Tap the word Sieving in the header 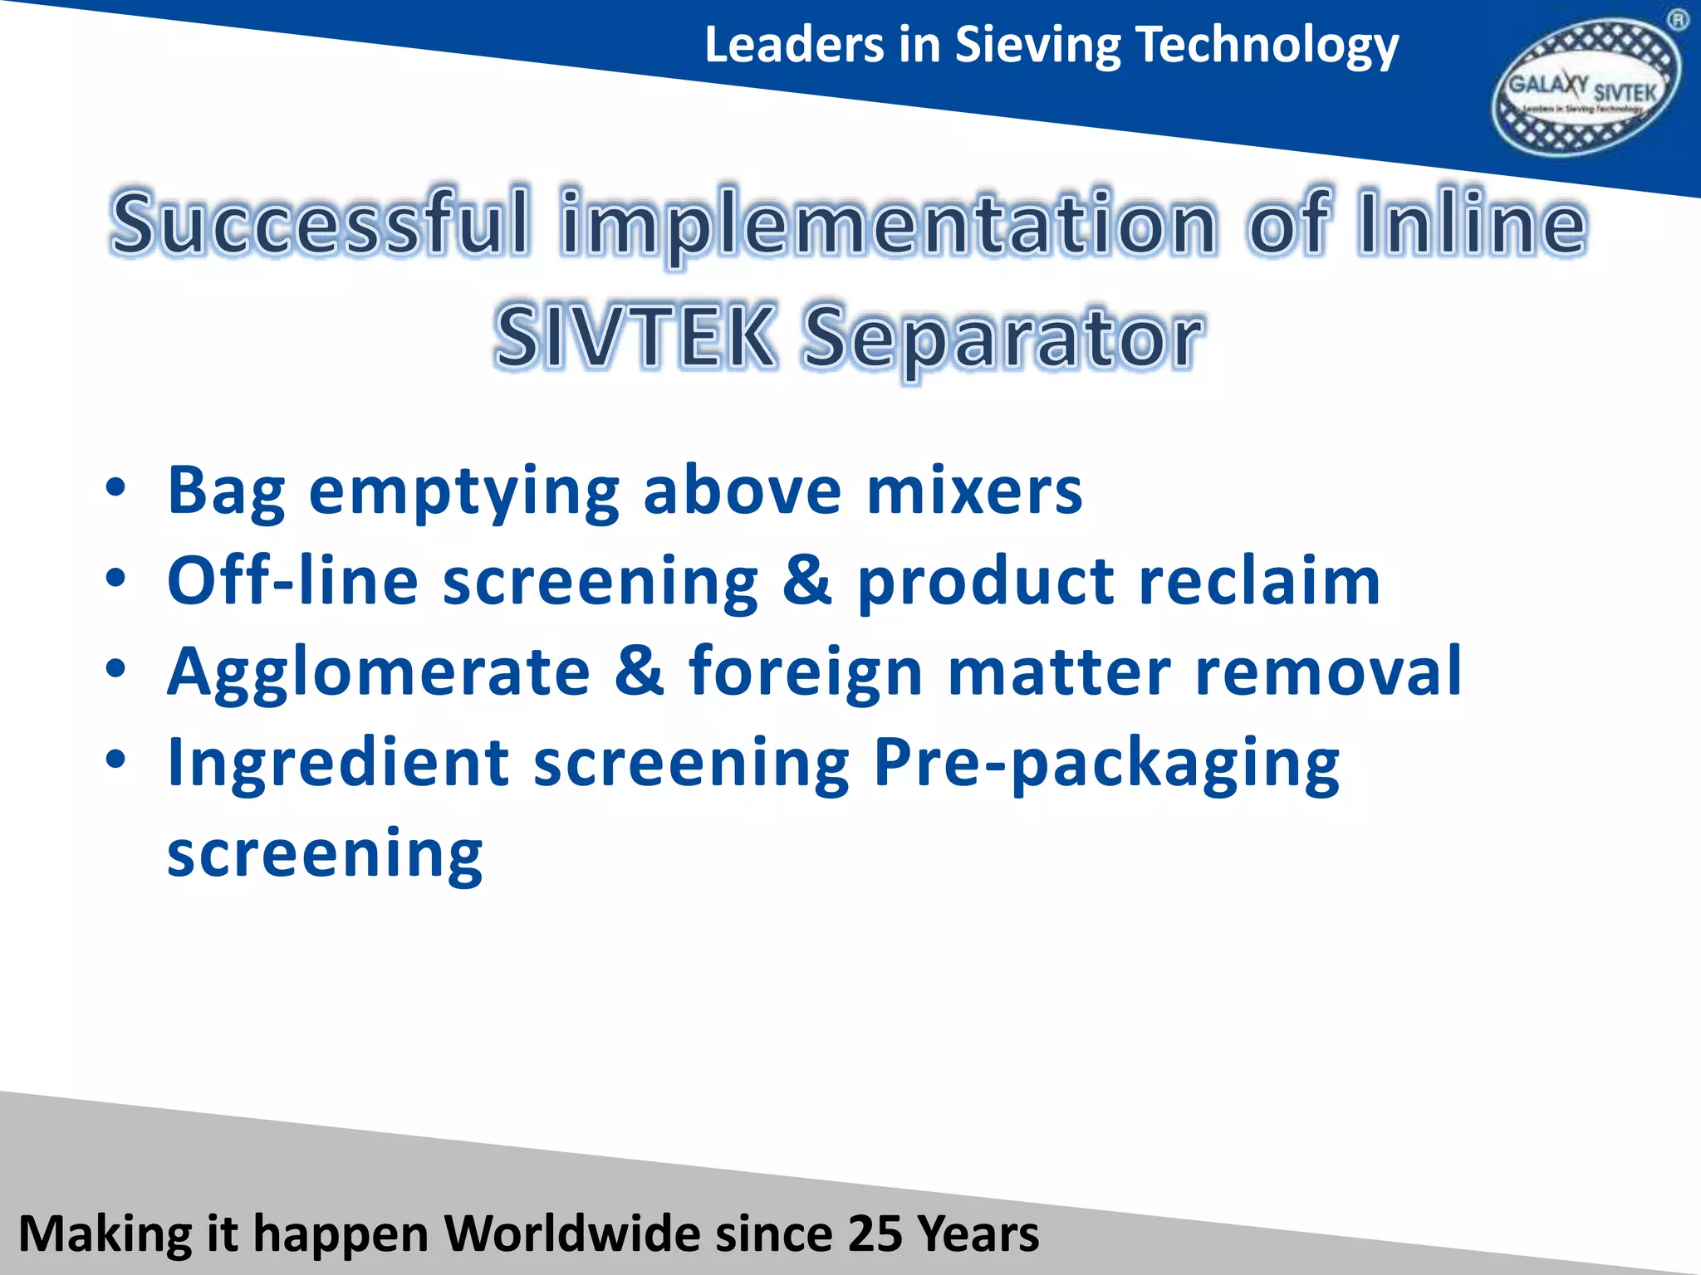(1037, 45)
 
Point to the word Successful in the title (320, 222)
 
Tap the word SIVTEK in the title (635, 336)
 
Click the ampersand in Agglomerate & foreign (640, 670)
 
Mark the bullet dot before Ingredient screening (116, 759)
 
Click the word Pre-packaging (1105, 764)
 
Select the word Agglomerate (379, 672)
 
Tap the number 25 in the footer (875, 1233)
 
